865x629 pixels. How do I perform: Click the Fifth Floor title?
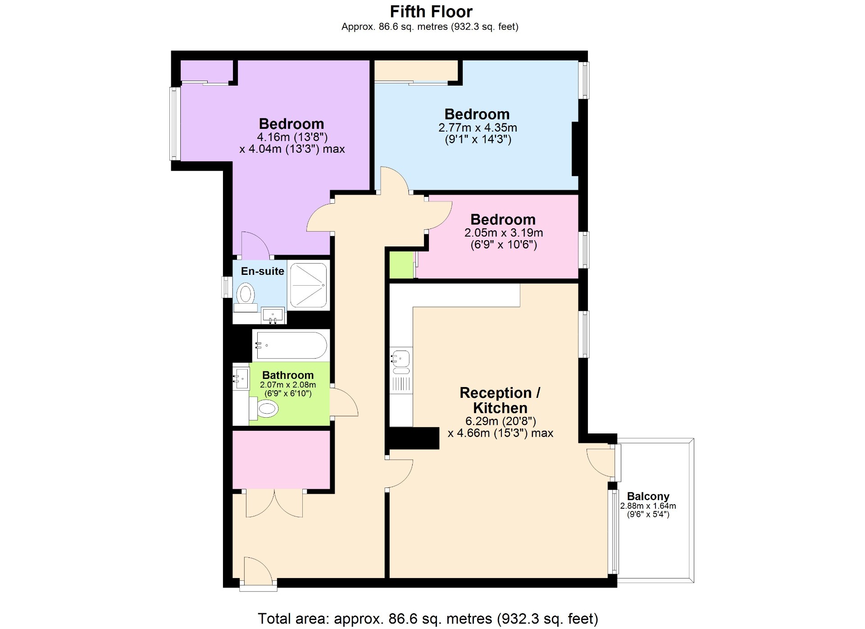coord(431,11)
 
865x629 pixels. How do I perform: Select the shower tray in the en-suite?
coord(309,285)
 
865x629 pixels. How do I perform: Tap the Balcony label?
coord(648,497)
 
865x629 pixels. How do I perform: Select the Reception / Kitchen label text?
coord(500,400)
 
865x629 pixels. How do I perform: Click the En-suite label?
coord(262,271)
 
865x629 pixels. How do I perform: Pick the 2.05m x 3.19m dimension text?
coord(503,233)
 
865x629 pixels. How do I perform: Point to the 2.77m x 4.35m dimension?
coord(478,128)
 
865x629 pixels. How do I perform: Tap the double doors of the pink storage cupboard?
coord(274,504)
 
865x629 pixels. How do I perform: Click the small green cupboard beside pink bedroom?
coord(401,265)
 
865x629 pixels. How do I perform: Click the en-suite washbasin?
coord(273,314)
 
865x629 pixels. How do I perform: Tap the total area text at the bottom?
coord(428,619)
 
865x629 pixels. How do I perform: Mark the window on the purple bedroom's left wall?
coord(175,123)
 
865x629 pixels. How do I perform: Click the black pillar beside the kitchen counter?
coord(414,438)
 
